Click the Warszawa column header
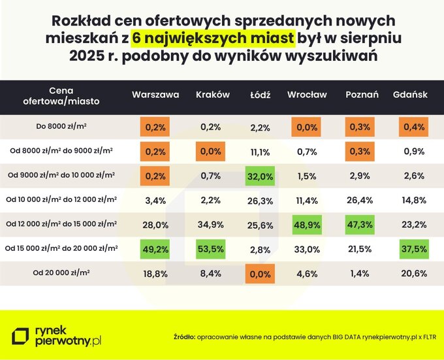(155, 95)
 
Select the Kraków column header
(213, 95)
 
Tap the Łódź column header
(260, 95)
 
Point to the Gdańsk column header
(410, 95)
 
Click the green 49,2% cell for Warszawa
(155, 248)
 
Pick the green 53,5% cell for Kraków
(213, 248)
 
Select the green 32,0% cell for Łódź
(260, 176)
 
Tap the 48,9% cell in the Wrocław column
(307, 224)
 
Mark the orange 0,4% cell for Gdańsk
(410, 127)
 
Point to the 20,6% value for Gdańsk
(410, 273)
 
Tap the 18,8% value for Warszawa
(155, 273)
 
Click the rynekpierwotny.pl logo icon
(22, 336)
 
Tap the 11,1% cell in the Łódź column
(260, 152)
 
